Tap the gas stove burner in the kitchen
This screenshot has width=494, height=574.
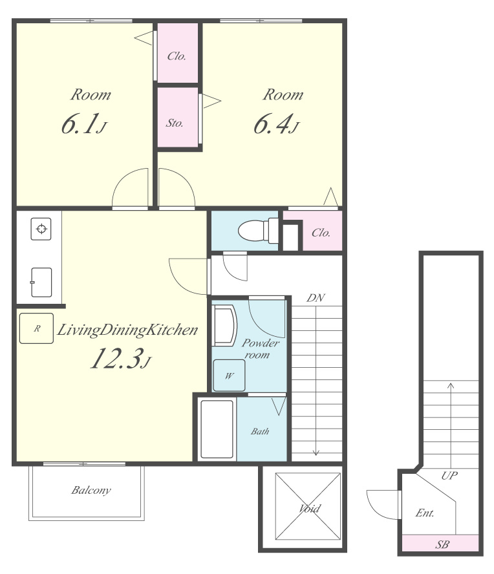click(x=41, y=229)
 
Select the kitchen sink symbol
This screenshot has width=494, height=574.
click(x=41, y=282)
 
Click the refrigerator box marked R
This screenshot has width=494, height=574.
click(x=36, y=328)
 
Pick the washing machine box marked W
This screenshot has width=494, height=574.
click(x=230, y=376)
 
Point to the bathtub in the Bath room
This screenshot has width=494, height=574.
click(x=217, y=429)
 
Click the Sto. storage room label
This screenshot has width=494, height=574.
click(x=175, y=123)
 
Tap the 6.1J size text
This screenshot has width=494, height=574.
click(x=84, y=124)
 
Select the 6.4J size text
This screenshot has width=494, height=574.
click(x=277, y=124)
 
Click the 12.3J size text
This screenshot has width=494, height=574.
click(x=120, y=358)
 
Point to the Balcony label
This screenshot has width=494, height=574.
click(x=91, y=490)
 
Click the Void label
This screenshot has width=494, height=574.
click(x=310, y=508)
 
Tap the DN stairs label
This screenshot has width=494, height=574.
click(x=316, y=298)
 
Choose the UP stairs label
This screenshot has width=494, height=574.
click(x=449, y=476)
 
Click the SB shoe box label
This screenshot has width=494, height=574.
click(x=442, y=545)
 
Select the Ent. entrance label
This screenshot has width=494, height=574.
click(x=425, y=513)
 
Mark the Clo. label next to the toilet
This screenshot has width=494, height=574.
click(x=321, y=233)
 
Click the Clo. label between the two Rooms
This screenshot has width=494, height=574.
click(x=177, y=56)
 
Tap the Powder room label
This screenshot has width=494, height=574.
click(x=261, y=349)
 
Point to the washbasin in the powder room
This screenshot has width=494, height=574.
click(x=224, y=326)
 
